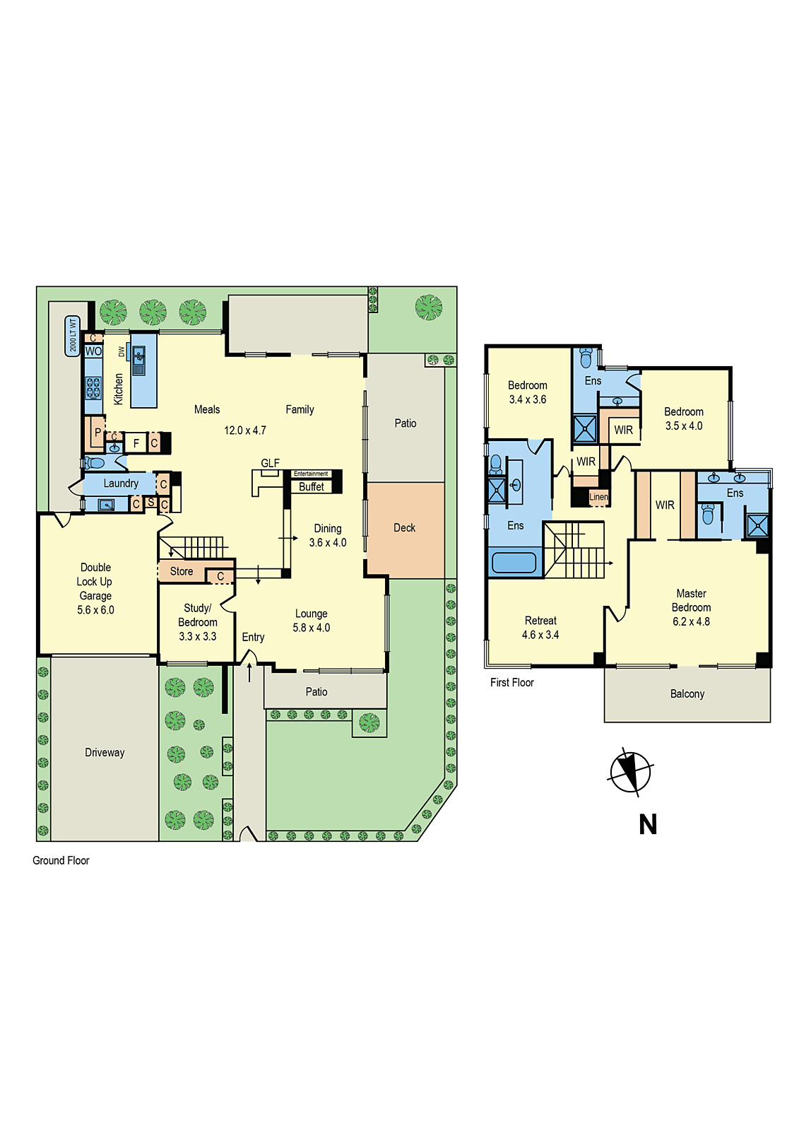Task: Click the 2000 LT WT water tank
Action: tap(72, 336)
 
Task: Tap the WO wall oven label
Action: tap(93, 351)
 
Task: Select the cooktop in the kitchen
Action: tap(93, 388)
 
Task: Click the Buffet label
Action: tap(311, 486)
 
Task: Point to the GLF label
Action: tap(270, 463)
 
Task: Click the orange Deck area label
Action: tap(404, 528)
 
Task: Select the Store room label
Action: tap(181, 571)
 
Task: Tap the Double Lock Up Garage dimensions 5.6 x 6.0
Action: tap(95, 610)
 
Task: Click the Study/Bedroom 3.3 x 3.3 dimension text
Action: tap(197, 636)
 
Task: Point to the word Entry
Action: tap(253, 637)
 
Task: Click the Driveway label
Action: tap(105, 753)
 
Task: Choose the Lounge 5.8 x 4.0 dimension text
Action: tap(311, 628)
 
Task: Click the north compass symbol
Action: tap(629, 770)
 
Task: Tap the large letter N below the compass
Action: tap(648, 824)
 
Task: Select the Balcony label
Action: tap(687, 694)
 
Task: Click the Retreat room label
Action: tap(540, 621)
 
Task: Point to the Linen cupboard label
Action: tap(598, 497)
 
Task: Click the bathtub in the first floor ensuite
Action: tap(514, 563)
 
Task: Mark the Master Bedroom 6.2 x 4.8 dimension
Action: tap(691, 621)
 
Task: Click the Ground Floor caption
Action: tap(61, 860)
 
